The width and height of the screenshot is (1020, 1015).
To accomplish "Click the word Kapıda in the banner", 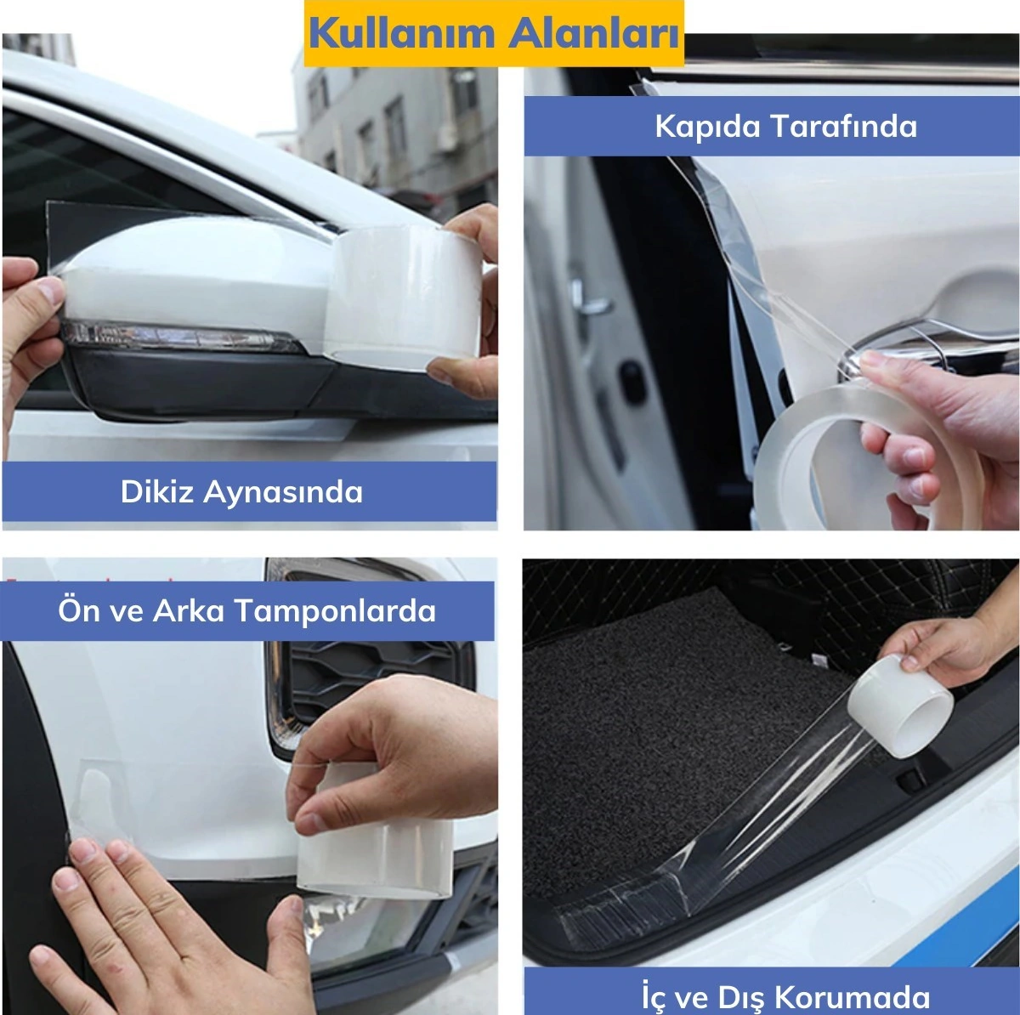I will [707, 126].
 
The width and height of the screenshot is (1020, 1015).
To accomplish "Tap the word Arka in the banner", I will [189, 610].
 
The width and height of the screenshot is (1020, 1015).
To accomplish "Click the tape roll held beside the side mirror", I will [405, 293].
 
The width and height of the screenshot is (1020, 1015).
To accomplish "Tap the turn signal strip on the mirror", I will [183, 337].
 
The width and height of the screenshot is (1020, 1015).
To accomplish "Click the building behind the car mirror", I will [399, 128].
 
